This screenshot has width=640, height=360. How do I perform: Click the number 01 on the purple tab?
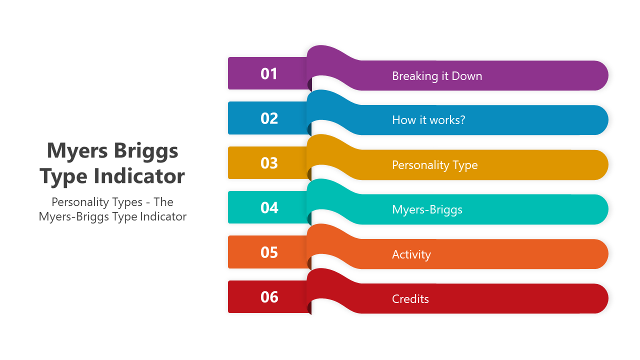(x=268, y=73)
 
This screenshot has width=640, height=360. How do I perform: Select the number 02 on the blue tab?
(x=269, y=118)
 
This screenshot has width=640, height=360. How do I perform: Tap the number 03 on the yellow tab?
(x=269, y=163)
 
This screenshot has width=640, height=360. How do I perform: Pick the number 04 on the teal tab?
(x=269, y=207)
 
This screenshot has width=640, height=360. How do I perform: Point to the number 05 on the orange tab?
(x=269, y=252)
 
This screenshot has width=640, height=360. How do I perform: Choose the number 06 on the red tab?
(x=269, y=297)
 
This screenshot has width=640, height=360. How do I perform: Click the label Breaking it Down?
(x=437, y=76)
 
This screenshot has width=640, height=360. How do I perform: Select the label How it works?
(x=428, y=120)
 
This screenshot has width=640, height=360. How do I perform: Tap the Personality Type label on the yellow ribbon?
(x=435, y=165)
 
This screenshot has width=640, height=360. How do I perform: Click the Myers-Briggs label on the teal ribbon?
(x=427, y=209)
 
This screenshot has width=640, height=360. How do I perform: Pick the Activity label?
(x=411, y=254)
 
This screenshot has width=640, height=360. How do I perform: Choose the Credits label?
(x=410, y=299)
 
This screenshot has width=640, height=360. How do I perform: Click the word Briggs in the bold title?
(x=146, y=151)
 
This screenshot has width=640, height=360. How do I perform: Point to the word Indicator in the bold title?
(x=139, y=176)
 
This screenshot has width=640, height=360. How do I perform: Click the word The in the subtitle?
(x=163, y=202)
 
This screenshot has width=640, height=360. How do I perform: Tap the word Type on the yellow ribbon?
(x=464, y=165)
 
